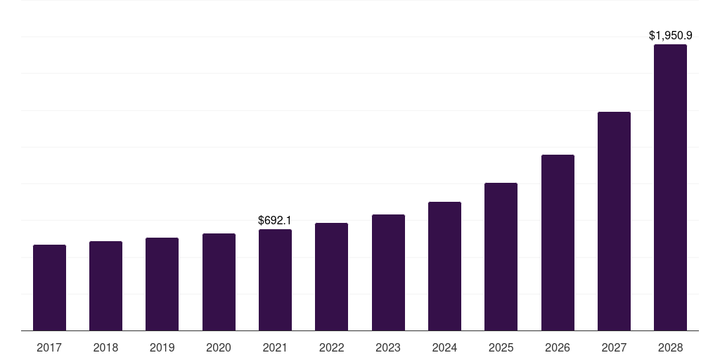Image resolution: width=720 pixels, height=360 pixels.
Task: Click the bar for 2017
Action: point(49,288)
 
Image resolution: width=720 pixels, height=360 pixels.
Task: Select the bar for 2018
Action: point(105,285)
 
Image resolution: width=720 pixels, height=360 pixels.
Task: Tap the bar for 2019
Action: point(162,284)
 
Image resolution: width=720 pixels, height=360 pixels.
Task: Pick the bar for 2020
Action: point(219,282)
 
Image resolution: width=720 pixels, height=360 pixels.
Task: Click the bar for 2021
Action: point(275,280)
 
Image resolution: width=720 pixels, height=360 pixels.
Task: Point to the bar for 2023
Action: point(388,272)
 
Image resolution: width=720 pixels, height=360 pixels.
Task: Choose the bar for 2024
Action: point(444,266)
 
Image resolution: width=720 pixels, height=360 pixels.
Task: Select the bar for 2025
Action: point(501,257)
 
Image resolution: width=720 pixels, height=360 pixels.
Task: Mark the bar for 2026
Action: point(558,243)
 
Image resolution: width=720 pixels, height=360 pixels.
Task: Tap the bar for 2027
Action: point(614,221)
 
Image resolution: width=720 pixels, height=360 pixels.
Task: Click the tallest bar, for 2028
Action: point(670,187)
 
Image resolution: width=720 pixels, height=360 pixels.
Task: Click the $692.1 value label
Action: point(275,220)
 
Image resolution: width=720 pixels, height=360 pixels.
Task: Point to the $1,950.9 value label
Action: point(670,35)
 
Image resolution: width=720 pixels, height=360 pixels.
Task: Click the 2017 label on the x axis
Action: point(49,347)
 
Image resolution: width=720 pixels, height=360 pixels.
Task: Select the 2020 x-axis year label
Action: point(219,347)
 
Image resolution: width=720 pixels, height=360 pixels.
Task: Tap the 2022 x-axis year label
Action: point(331,347)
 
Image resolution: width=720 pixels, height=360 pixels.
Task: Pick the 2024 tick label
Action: point(444,347)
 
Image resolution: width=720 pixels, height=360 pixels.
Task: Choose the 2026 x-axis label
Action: point(558,347)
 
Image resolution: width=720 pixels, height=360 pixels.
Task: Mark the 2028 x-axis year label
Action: point(670,347)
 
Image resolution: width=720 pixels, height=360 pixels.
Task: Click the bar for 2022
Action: point(331,276)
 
